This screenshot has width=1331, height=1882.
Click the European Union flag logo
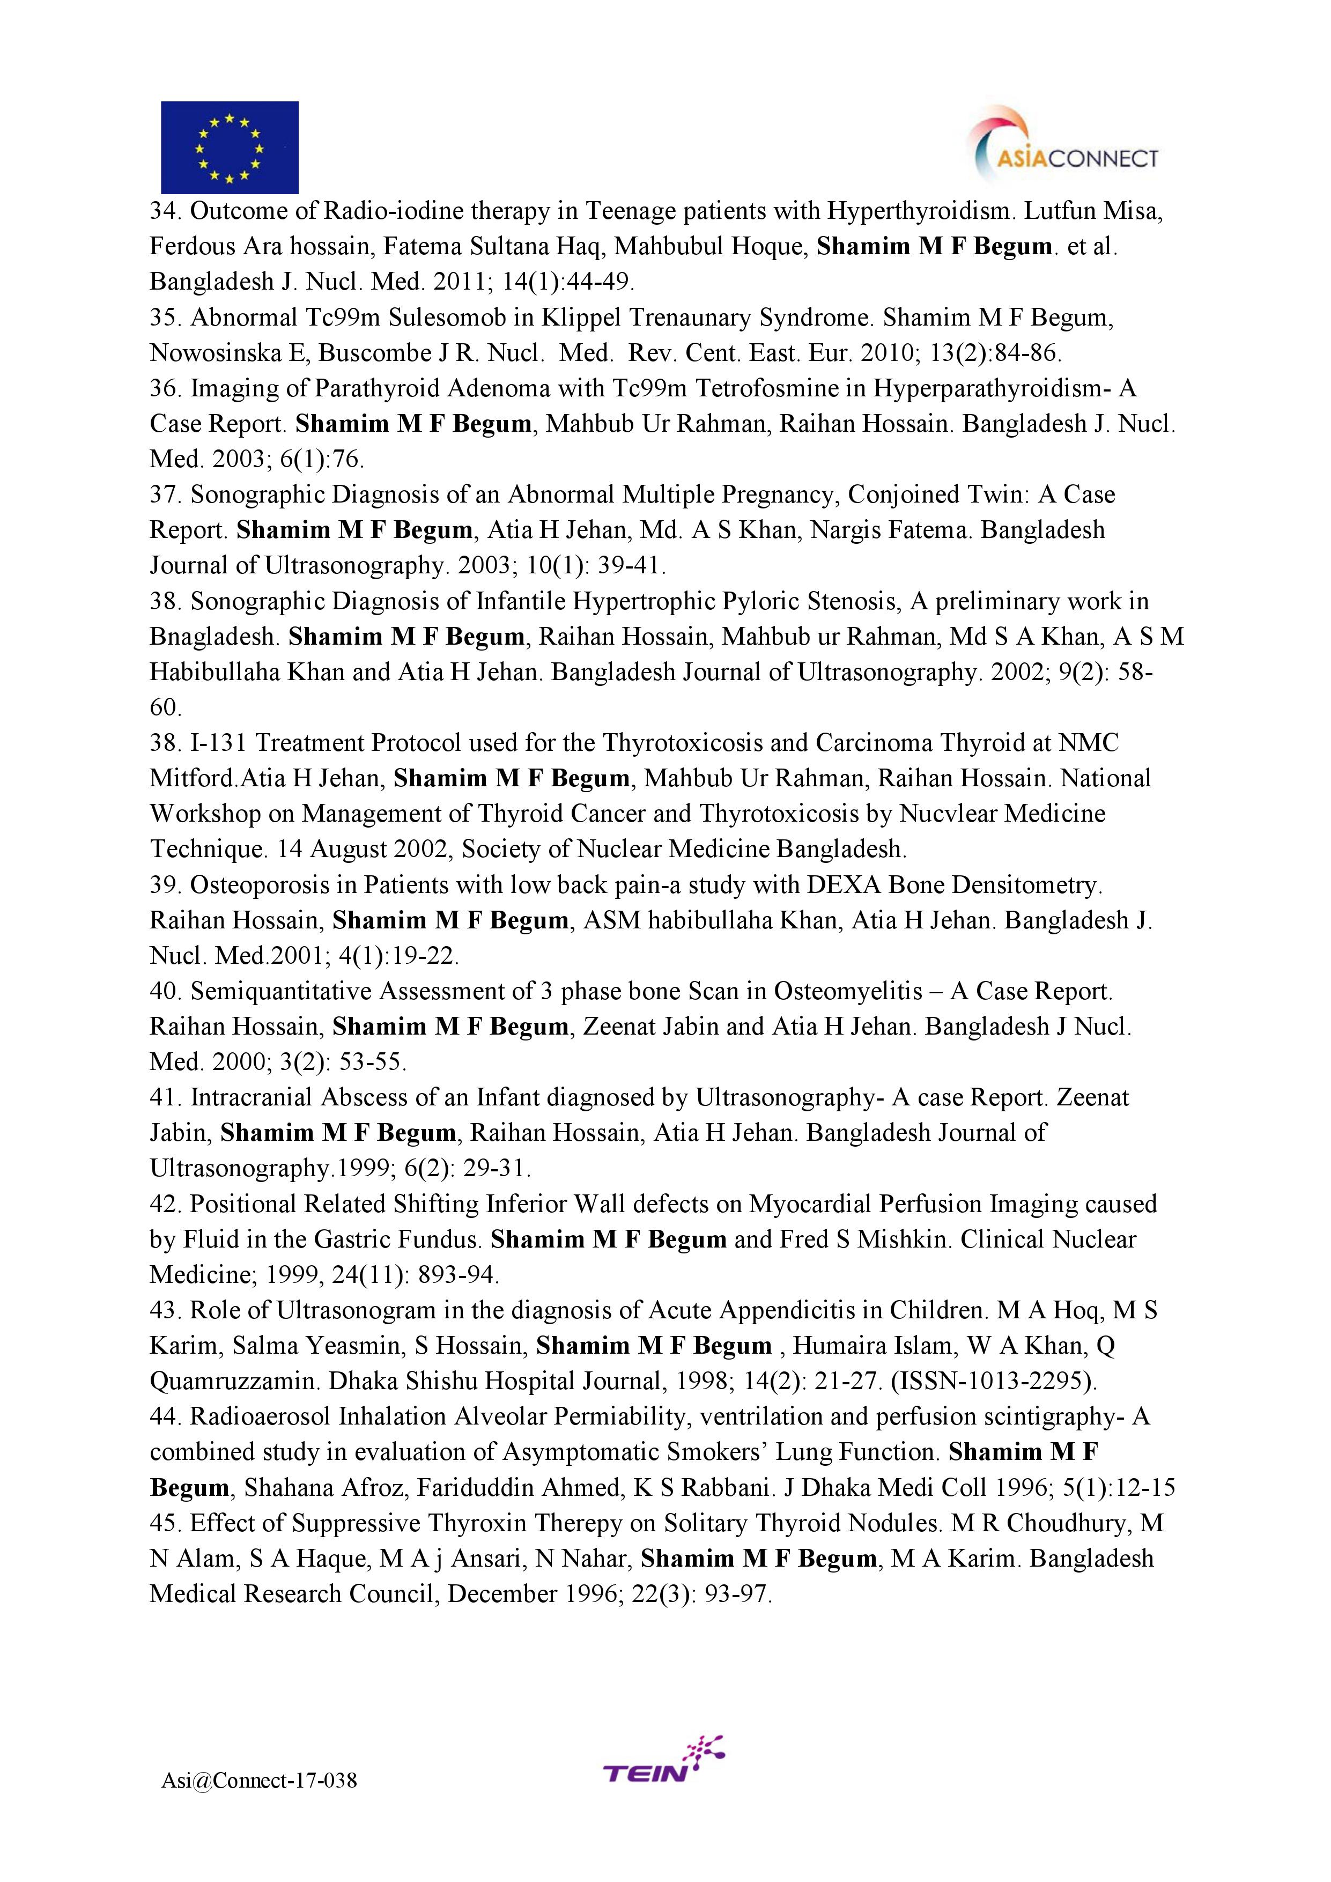point(230,147)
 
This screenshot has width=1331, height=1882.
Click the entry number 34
point(166,211)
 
